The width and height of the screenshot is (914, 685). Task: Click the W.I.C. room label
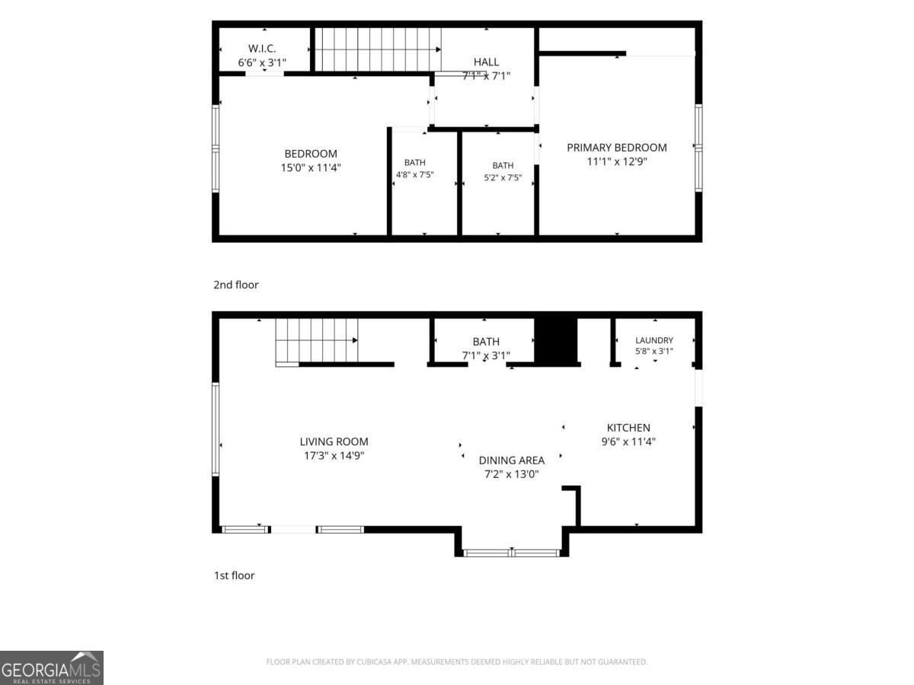click(x=262, y=49)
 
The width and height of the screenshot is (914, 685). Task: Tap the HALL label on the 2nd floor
click(x=486, y=62)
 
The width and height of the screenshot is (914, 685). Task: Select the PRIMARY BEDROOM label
click(x=617, y=148)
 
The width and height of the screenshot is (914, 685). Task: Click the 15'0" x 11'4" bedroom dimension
click(x=311, y=167)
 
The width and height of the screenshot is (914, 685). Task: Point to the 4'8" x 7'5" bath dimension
click(x=415, y=175)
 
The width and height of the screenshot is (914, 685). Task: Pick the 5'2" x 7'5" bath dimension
click(x=503, y=177)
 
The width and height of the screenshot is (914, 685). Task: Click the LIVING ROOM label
click(x=334, y=441)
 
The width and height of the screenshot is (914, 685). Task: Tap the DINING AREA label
click(x=512, y=460)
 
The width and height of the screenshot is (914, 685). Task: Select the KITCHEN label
click(x=628, y=428)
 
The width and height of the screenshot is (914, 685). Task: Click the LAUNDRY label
click(x=654, y=340)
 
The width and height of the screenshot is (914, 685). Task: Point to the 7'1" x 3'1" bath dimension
click(x=486, y=355)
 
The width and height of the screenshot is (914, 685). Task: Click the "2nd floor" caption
click(x=236, y=285)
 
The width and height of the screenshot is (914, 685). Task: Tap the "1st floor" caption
click(x=234, y=575)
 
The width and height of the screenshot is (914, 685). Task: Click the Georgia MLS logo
click(x=52, y=667)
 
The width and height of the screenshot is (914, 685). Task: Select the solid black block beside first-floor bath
click(x=556, y=340)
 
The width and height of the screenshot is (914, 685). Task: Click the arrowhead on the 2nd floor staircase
click(x=439, y=49)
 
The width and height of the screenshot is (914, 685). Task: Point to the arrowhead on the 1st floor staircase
click(x=355, y=340)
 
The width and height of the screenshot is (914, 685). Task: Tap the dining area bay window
click(x=512, y=553)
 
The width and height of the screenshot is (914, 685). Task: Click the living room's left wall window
click(x=216, y=429)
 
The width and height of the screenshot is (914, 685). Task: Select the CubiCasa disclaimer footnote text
click(x=457, y=661)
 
